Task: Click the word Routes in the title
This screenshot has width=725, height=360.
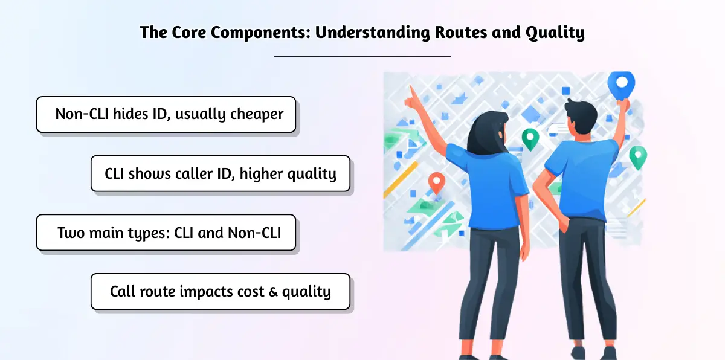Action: pyautogui.click(x=460, y=33)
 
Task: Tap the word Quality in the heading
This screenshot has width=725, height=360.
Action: pyautogui.click(x=555, y=33)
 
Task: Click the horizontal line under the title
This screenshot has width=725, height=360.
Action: pyautogui.click(x=362, y=56)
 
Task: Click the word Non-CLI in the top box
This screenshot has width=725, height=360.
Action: pyautogui.click(x=82, y=114)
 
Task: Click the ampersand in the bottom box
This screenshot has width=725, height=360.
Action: pyautogui.click(x=273, y=292)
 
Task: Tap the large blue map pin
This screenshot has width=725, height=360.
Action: pyautogui.click(x=621, y=85)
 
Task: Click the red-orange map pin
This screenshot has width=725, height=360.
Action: pyautogui.click(x=436, y=183)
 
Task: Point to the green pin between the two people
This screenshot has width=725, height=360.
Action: pyautogui.click(x=530, y=139)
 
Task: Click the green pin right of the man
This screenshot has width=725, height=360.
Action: pyautogui.click(x=638, y=158)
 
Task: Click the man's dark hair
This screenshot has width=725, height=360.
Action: pyautogui.click(x=582, y=115)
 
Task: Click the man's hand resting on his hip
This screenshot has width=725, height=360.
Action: pyautogui.click(x=564, y=223)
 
